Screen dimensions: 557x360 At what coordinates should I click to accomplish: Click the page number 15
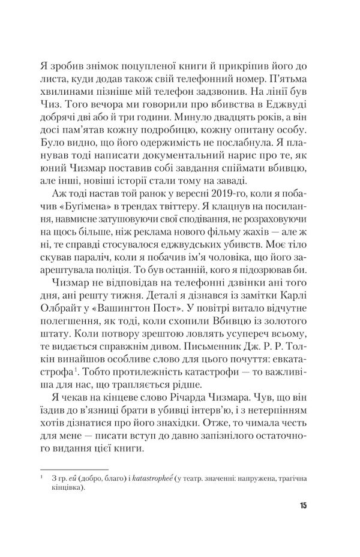click(303, 505)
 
